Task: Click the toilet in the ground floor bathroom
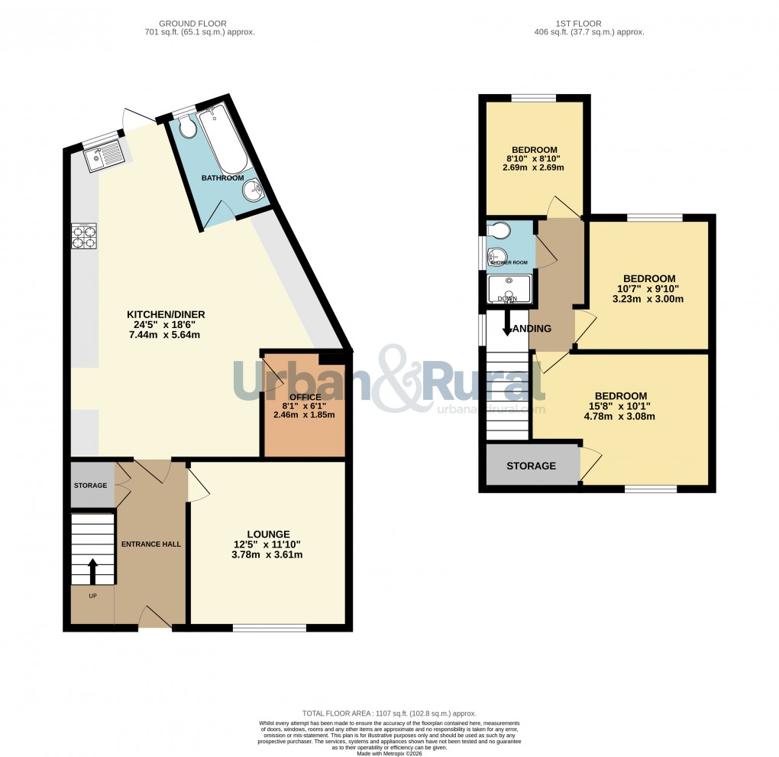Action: (x=187, y=128)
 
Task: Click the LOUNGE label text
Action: (x=267, y=534)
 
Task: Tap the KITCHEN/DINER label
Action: (x=166, y=314)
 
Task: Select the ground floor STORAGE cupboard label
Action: (x=91, y=486)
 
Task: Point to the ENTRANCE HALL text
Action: (x=151, y=544)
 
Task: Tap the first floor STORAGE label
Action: (x=531, y=466)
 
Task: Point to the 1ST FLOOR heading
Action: (x=590, y=23)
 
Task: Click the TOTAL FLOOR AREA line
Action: (x=389, y=712)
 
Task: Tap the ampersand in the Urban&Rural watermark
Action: (x=396, y=378)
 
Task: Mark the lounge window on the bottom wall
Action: (x=270, y=628)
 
